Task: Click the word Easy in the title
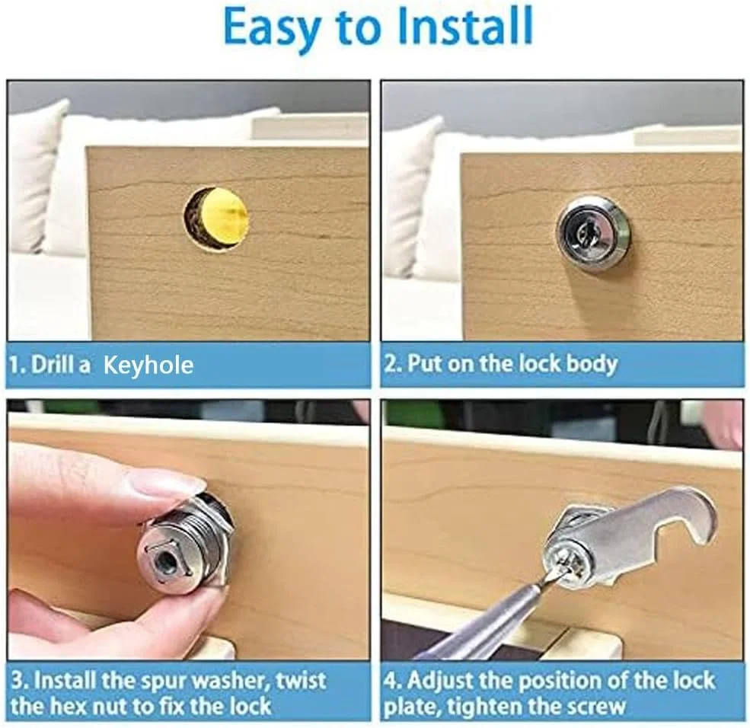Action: coord(273,27)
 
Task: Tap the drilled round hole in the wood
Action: coord(217,218)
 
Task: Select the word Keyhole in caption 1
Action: coord(148,366)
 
